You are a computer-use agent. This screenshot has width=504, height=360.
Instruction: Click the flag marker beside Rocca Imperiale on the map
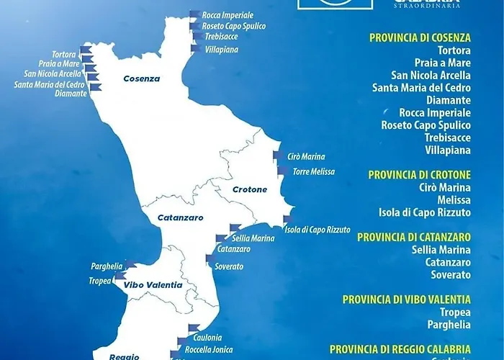click(194, 14)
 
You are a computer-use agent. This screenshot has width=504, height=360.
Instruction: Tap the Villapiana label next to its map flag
click(222, 50)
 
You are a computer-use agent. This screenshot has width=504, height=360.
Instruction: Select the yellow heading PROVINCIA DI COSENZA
click(420, 37)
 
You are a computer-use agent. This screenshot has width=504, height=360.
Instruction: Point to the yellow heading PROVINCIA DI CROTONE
click(420, 174)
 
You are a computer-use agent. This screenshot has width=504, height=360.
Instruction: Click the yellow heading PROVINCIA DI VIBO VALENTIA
click(407, 299)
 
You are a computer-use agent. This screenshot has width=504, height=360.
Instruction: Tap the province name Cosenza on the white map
click(141, 79)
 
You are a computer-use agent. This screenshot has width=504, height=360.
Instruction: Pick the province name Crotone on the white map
click(249, 190)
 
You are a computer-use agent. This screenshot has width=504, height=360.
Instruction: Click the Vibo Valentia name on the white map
click(153, 285)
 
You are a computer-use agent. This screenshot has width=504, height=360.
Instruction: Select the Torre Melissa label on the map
click(314, 172)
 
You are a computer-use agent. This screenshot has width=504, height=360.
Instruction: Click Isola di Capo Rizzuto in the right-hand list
click(425, 212)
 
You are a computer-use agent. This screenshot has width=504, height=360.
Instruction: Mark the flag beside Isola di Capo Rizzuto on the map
click(287, 220)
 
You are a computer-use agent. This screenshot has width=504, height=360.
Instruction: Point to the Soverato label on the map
click(229, 266)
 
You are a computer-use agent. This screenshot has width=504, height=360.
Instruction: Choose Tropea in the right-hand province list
click(454, 312)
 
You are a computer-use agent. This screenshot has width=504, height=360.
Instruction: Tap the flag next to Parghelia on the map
click(130, 264)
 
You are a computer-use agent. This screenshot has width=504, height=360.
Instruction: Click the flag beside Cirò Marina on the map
click(278, 156)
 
